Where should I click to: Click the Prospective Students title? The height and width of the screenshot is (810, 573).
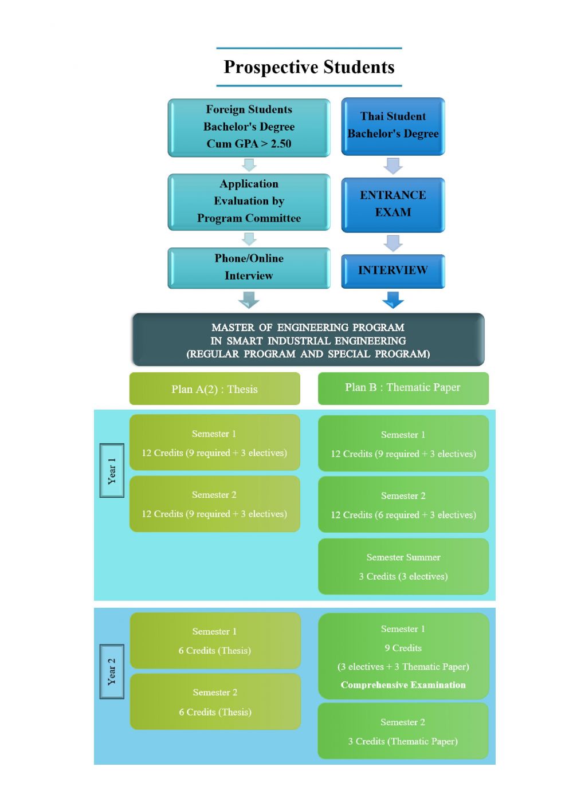point(309,67)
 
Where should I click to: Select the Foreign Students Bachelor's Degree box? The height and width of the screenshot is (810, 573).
point(249,127)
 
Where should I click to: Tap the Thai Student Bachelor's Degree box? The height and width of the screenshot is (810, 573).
point(393,126)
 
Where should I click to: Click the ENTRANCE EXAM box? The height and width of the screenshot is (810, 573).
point(393,205)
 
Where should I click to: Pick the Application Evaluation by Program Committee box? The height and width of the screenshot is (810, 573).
point(249,202)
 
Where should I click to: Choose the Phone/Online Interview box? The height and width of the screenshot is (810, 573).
point(249,268)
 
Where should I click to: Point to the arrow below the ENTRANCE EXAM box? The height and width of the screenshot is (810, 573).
point(393,243)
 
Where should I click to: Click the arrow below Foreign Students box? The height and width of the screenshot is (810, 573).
point(249,165)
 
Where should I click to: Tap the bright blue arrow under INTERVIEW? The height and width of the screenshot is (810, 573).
point(393,300)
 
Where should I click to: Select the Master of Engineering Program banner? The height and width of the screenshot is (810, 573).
point(308,340)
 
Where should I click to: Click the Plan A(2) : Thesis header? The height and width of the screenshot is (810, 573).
point(215,389)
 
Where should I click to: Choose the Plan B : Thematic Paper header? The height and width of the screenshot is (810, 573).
point(403,388)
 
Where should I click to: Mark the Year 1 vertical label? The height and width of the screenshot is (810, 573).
point(112,470)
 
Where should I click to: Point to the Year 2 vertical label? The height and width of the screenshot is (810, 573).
point(112,671)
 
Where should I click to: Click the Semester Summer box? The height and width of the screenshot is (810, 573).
point(403,567)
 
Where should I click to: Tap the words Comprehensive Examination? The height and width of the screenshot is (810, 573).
point(403,685)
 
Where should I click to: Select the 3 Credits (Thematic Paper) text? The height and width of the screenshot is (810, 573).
point(403,741)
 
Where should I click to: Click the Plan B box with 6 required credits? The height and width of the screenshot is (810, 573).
point(403,505)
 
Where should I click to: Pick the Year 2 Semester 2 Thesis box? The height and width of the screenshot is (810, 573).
point(215,702)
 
